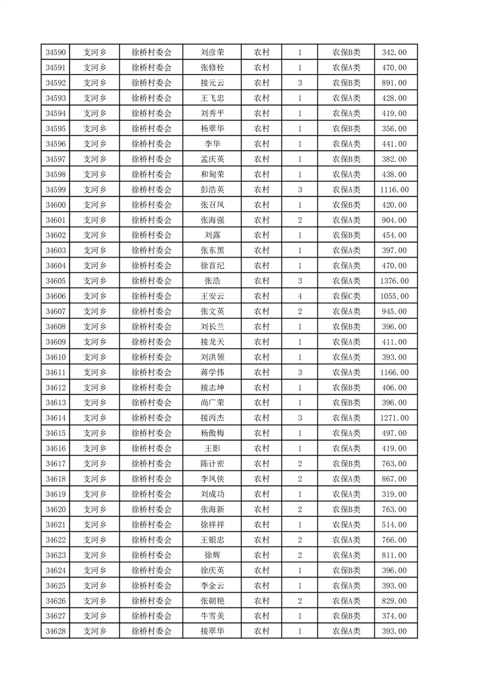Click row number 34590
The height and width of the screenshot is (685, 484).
(55, 53)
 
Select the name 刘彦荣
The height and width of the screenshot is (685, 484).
(212, 53)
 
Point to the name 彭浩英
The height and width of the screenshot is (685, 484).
(212, 190)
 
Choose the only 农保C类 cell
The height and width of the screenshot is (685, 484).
(346, 296)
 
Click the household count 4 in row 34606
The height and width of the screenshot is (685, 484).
(300, 296)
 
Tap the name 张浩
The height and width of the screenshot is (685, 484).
(212, 281)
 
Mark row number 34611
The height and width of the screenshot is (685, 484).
(55, 372)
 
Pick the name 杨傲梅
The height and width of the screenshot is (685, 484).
(212, 433)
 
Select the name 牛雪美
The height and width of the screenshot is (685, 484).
(212, 616)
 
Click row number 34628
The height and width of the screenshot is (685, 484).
(55, 631)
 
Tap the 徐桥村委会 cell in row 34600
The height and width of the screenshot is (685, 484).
(151, 205)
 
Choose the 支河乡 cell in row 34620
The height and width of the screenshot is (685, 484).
(95, 509)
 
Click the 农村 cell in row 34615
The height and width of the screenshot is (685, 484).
(261, 433)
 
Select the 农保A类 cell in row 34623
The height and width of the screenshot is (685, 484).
(346, 555)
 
